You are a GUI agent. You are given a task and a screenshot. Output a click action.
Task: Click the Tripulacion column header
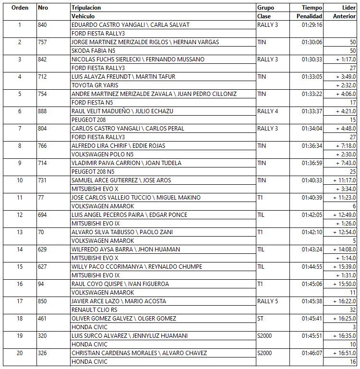coord(86,8)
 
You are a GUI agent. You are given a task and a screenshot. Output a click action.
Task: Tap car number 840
coord(42,25)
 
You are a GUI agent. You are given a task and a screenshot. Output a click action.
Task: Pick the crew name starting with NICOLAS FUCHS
coord(138,60)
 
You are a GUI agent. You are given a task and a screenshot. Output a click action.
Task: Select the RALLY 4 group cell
coord(267,111)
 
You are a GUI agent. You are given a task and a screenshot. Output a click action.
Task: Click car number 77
coord(41,198)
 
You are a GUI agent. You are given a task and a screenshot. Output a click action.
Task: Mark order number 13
coord(20,232)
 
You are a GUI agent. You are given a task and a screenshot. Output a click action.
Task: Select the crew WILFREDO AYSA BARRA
coord(126,250)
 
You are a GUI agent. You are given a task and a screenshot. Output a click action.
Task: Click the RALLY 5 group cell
coord(267,301)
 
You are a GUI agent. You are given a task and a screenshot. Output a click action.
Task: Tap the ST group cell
coord(261,319)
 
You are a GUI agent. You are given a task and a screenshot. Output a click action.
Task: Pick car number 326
coord(42,353)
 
